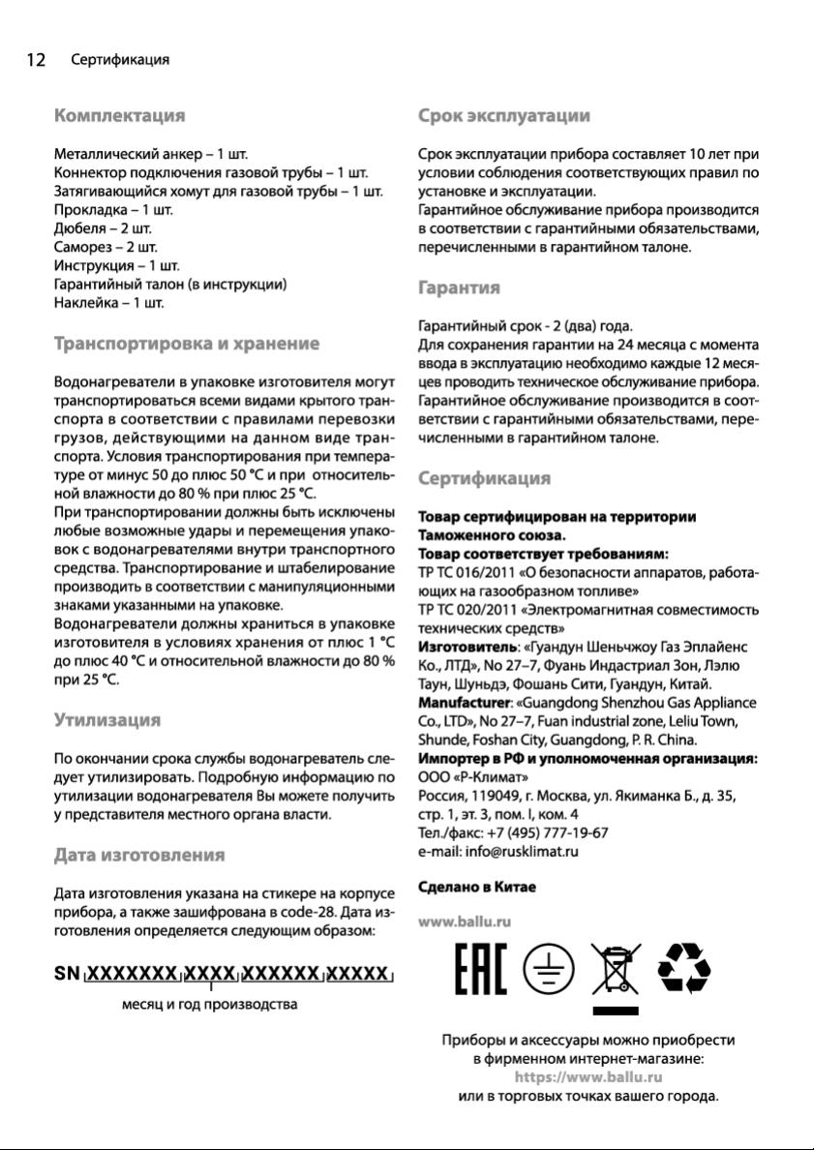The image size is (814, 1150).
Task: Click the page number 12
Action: tap(35, 60)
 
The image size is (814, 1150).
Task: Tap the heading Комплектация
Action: tap(119, 116)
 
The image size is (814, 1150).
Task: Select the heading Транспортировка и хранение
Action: tap(186, 344)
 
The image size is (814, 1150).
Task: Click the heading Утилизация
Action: tap(106, 720)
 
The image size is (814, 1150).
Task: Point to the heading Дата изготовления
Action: tap(139, 855)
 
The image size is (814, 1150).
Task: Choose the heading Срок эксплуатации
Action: tap(503, 116)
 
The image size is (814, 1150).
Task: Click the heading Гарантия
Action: tap(459, 287)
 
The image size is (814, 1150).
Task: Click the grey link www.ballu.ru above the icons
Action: tap(464, 922)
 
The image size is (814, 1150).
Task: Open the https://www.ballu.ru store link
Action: tap(588, 1076)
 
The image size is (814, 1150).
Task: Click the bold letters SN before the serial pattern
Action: tap(67, 974)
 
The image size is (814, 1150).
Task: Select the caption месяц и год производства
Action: tap(209, 1004)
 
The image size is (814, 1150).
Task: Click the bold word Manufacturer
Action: tap(463, 702)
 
